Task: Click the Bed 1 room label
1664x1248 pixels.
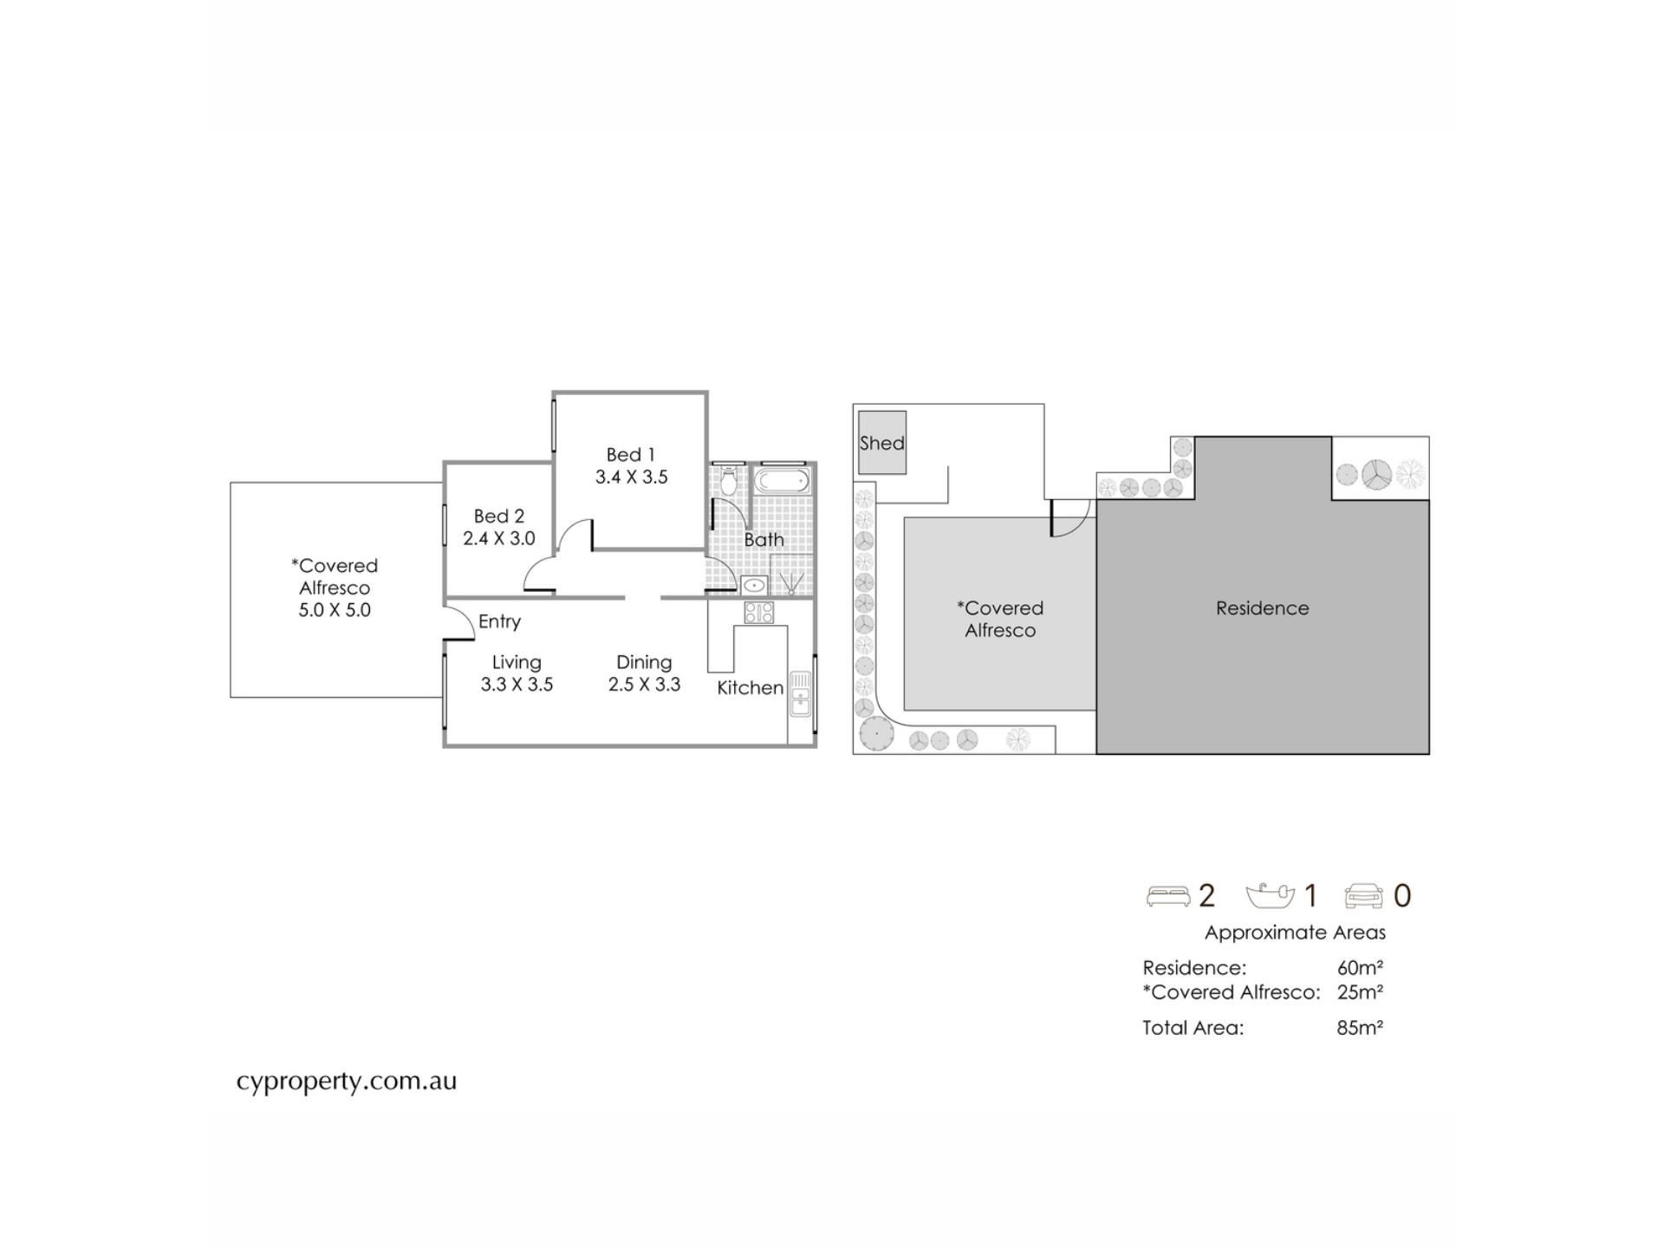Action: (x=630, y=454)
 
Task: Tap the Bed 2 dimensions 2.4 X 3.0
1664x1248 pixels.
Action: (x=499, y=538)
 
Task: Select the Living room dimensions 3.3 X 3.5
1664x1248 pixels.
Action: (x=517, y=684)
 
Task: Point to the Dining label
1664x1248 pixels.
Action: (x=644, y=662)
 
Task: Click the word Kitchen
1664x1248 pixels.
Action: (x=751, y=688)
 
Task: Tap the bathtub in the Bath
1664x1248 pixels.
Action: (x=783, y=482)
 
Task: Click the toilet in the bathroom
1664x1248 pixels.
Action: (x=728, y=479)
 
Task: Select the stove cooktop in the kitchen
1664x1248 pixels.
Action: (x=758, y=613)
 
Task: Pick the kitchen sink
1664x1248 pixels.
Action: (x=800, y=693)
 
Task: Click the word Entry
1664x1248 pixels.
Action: (x=499, y=621)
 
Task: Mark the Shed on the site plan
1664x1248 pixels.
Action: (x=882, y=443)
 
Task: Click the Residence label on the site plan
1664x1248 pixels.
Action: (x=1262, y=608)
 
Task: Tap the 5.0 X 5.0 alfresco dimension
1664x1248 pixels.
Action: (x=335, y=610)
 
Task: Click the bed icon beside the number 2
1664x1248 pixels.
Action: (x=1167, y=896)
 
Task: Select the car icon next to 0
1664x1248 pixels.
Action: (x=1364, y=896)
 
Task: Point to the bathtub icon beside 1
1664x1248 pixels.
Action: (x=1270, y=895)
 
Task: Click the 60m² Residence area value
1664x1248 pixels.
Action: (x=1360, y=968)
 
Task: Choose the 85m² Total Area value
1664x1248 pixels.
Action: (x=1360, y=1028)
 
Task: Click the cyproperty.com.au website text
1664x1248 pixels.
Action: (x=347, y=1082)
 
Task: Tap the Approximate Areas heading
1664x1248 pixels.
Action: (x=1295, y=933)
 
